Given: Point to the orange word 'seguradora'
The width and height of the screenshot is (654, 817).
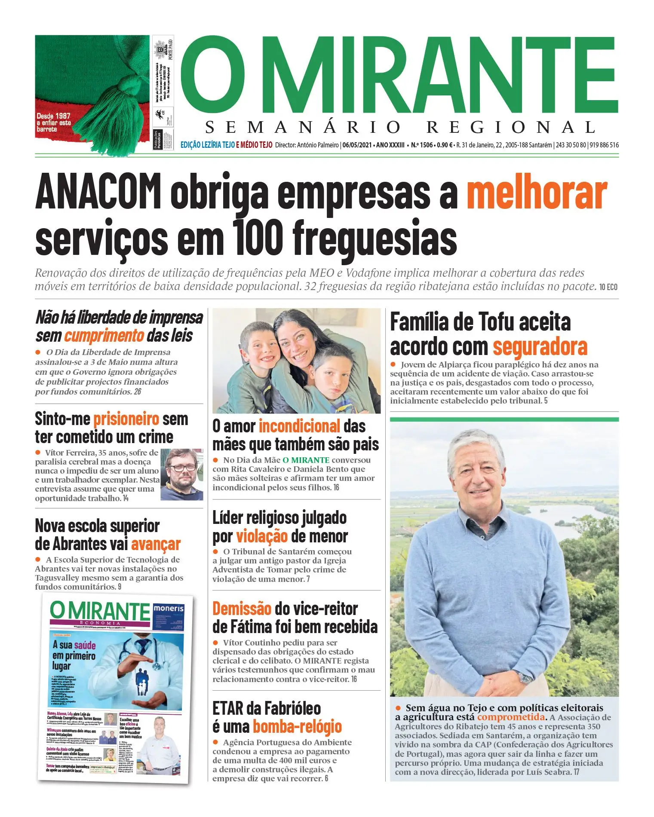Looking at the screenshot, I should (540, 347).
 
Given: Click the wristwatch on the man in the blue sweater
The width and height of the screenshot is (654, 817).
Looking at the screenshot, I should (525, 678).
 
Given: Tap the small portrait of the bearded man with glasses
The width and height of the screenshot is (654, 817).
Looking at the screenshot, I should (182, 474).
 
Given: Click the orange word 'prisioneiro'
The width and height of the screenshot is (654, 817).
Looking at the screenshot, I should (126, 419).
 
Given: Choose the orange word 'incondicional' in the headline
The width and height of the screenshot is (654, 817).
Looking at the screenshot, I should (299, 426).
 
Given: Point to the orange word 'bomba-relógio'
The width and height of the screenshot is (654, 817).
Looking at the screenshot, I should (297, 727).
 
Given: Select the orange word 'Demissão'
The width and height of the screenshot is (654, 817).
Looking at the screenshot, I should (242, 609).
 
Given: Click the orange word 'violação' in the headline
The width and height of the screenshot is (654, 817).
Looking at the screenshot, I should (262, 536).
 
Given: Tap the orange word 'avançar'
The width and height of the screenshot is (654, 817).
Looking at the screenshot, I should (156, 544).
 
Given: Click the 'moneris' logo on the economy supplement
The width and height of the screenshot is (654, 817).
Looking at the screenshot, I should (169, 609).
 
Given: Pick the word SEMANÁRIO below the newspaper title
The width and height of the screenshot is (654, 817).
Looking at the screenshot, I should (303, 127).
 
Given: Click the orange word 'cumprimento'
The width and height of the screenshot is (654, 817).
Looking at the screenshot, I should (104, 336).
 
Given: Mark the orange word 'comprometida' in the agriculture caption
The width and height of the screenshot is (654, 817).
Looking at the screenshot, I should (511, 717).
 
